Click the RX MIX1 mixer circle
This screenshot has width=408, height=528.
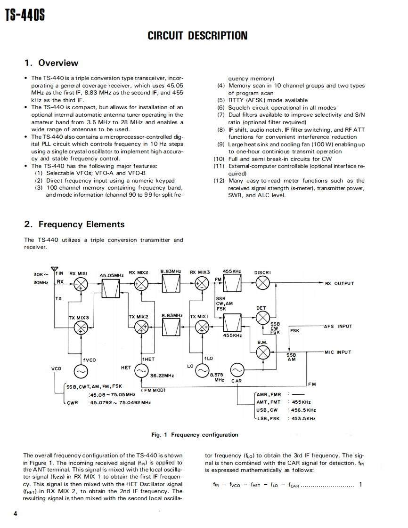coord(81,284)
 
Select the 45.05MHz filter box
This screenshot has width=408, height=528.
coord(112,288)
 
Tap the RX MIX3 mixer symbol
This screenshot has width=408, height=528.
coord(202,284)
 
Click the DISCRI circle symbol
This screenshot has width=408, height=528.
coord(262,283)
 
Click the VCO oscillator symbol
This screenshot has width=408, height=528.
coord(81,371)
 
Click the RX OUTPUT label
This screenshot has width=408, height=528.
coord(339,283)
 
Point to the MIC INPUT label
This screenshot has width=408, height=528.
coord(338,352)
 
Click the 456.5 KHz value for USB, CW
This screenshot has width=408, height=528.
coord(304,410)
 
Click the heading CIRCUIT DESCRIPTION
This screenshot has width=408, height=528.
coord(197,36)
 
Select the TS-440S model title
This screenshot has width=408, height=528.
coord(25,16)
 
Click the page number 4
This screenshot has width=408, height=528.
coord(15,513)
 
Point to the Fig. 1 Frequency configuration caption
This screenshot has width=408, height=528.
coord(195,435)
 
